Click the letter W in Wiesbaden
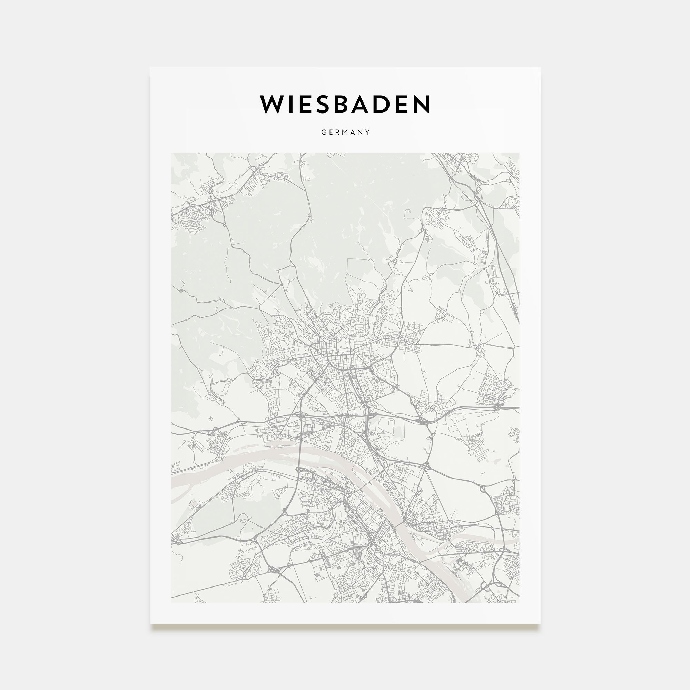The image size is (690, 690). (275, 104)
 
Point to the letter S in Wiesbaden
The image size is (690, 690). (332, 104)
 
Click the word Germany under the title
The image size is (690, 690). (345, 132)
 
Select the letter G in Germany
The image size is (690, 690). (324, 132)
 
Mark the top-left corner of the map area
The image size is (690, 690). (171, 153)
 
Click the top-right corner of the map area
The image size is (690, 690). (519, 153)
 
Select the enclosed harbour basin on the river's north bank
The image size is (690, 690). (282, 444)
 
